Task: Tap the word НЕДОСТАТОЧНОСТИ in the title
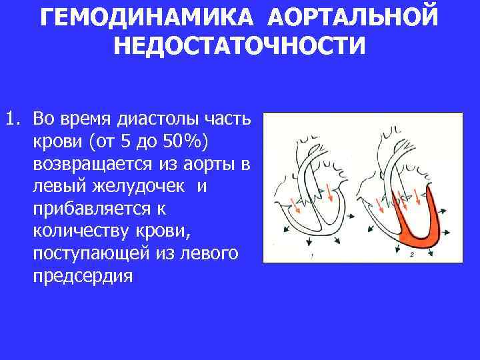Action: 240,46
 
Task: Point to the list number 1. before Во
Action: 13,121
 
